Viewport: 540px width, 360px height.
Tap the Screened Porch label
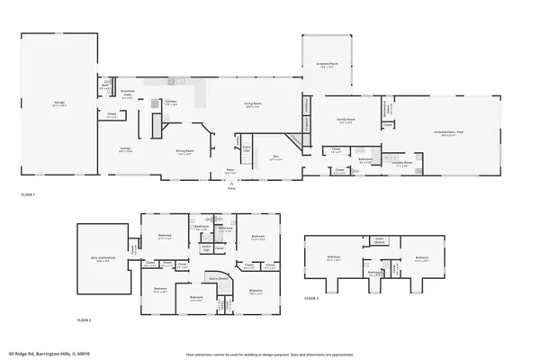pyautogui.click(x=326, y=65)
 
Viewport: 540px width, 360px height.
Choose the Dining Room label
pyautogui.click(x=186, y=152)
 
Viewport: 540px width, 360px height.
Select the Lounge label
pyautogui.click(x=126, y=149)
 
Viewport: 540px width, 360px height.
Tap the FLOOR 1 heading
pyautogui.click(x=27, y=194)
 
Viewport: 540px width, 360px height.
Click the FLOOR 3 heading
pyautogui.click(x=311, y=297)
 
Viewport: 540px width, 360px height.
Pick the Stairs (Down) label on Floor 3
pyautogui.click(x=380, y=242)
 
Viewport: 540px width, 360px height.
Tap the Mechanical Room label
pyautogui.click(x=388, y=109)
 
